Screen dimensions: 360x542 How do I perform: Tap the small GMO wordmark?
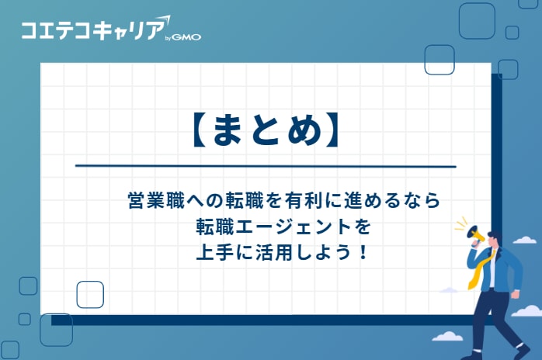(x=186, y=36)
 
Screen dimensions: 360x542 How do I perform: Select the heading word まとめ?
(x=264, y=128)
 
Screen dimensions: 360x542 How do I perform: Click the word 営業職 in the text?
(x=152, y=199)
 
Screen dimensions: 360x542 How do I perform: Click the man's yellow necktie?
(x=476, y=271)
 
